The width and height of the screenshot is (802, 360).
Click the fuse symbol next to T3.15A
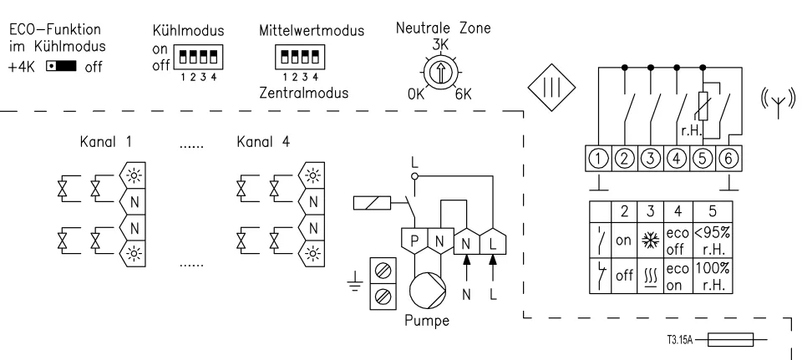point(729,339)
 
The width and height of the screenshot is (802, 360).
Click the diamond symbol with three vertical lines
point(549,86)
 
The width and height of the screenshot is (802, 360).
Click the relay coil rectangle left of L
point(371,202)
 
